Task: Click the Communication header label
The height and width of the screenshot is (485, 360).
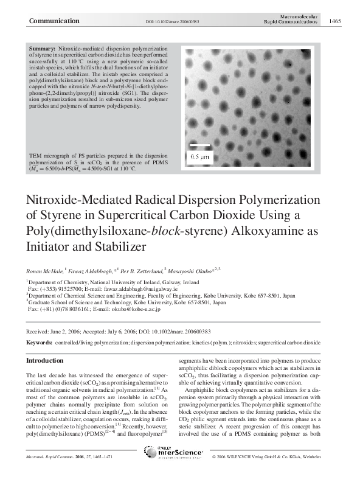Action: point(54,21)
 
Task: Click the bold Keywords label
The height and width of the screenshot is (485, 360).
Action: point(40,343)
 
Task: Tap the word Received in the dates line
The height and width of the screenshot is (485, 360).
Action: point(39,332)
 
